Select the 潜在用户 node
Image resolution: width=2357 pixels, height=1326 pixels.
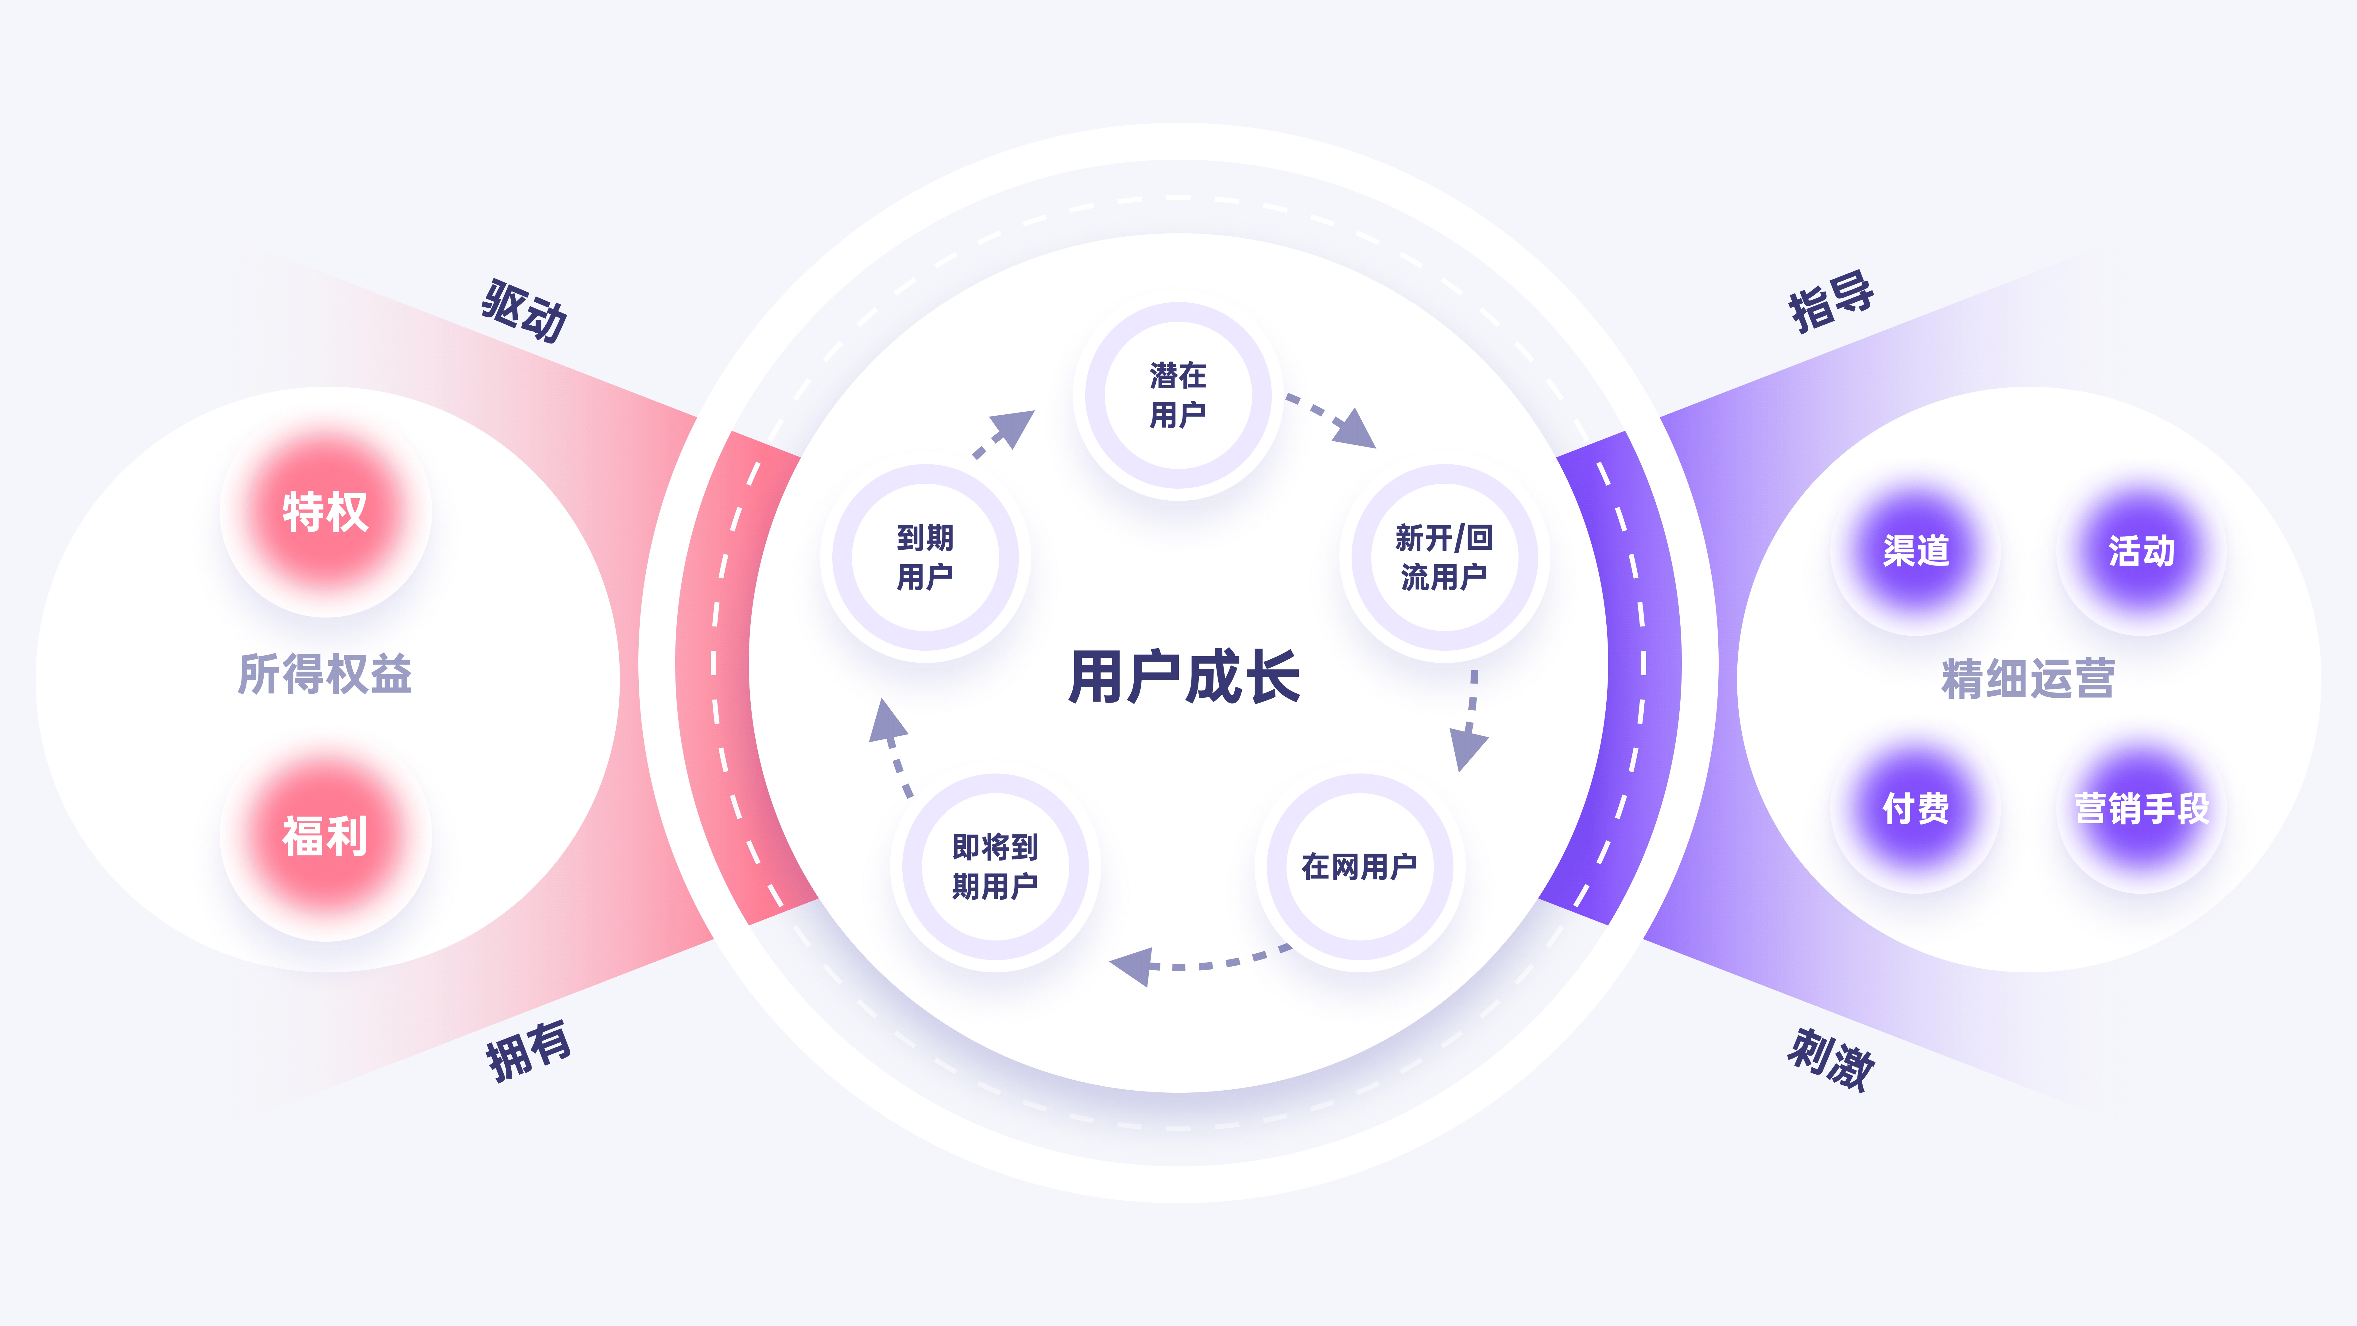(1178, 395)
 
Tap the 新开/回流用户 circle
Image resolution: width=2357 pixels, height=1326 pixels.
(1444, 557)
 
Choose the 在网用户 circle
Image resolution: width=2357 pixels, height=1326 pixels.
(1360, 866)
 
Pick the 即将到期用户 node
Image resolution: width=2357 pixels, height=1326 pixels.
(995, 866)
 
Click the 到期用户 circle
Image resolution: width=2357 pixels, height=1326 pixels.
(925, 557)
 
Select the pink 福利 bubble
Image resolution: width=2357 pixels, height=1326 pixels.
(325, 836)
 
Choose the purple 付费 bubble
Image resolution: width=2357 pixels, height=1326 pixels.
(1916, 808)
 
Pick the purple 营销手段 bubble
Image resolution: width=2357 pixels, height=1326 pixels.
(2141, 808)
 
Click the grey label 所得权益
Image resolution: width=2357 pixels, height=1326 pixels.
(325, 674)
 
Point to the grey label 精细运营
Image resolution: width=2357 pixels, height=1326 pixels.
(2028, 678)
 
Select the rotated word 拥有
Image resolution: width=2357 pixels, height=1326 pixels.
(528, 1051)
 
